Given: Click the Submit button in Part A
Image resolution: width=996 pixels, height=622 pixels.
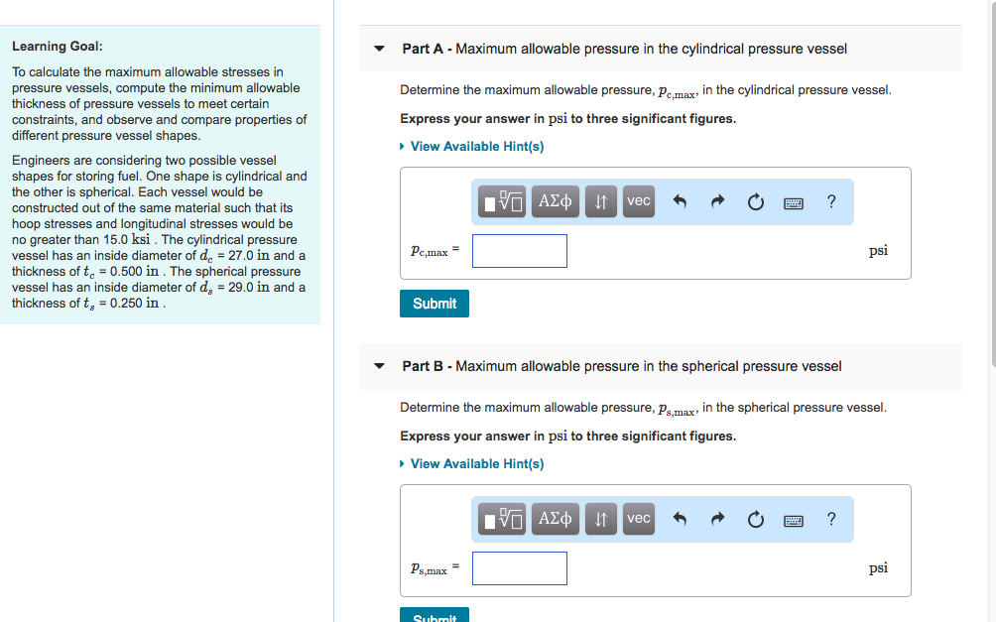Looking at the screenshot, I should click(434, 304).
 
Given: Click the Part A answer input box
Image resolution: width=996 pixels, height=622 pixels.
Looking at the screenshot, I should click(520, 251).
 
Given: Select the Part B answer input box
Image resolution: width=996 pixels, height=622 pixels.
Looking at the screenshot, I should click(520, 568).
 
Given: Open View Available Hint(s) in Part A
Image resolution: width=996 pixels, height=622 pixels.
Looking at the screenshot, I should click(476, 147).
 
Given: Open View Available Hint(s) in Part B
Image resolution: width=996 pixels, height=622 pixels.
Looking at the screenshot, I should click(476, 464).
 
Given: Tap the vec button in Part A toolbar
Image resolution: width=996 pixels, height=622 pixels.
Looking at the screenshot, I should click(639, 201).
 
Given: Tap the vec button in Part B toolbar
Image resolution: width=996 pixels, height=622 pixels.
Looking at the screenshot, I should click(639, 519).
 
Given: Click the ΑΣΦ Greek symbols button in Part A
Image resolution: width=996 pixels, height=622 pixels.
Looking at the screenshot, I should click(556, 201).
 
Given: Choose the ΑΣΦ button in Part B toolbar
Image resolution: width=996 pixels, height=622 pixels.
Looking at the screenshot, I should click(556, 519).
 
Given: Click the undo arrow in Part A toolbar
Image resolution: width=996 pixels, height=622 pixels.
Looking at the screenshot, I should click(681, 202).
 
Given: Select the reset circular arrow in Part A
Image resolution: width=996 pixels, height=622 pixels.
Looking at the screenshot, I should click(755, 202).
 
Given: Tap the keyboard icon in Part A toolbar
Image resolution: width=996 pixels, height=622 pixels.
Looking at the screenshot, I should click(794, 202).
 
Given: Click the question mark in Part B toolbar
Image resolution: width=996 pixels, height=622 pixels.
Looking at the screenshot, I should click(831, 519).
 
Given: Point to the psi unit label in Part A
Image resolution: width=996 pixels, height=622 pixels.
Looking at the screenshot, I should click(878, 251).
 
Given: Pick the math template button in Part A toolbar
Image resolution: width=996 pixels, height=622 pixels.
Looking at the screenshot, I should click(503, 201).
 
